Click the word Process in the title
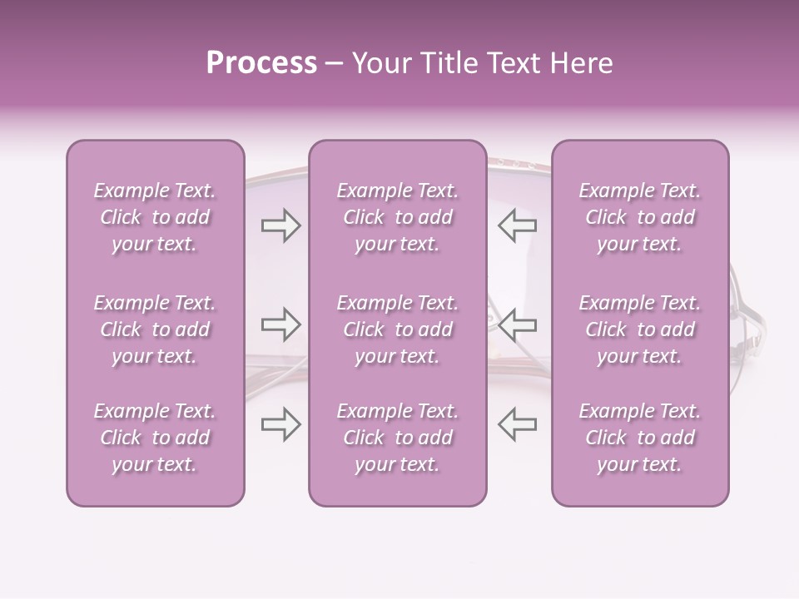click(261, 63)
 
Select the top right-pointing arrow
click(280, 225)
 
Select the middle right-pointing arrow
click(280, 324)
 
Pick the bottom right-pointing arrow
click(280, 424)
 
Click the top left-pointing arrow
click(518, 225)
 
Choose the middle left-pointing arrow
click(518, 324)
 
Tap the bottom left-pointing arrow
click(518, 424)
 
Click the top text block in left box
click(155, 217)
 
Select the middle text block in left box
click(155, 329)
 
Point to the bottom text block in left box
click(155, 438)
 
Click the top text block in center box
click(398, 217)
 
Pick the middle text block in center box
click(398, 329)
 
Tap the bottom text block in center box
click(398, 438)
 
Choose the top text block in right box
click(640, 217)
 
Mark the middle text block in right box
click(640, 329)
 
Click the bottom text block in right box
click(640, 438)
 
